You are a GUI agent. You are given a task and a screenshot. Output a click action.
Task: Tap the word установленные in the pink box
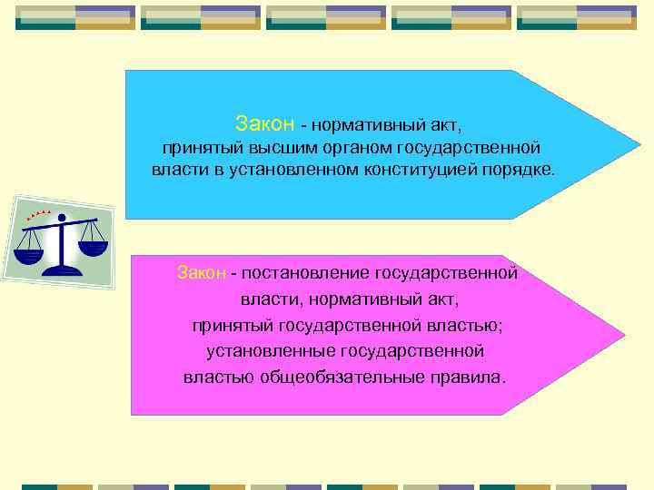pos(264,350)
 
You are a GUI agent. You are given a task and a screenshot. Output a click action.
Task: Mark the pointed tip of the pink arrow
pos(624,336)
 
